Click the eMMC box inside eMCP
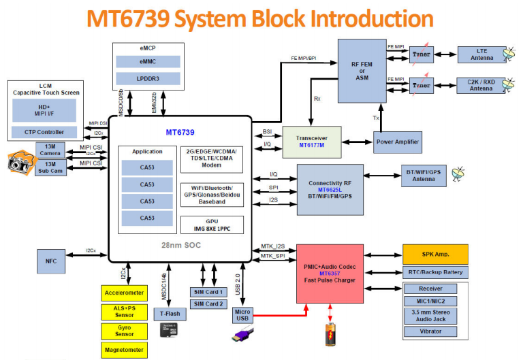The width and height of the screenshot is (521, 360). tap(147, 62)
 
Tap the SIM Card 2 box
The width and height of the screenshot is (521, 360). tap(208, 304)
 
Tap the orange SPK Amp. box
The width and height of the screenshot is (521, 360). tap(435, 255)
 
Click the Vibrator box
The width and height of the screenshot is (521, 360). tap(435, 331)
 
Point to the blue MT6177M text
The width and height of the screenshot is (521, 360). tap(312, 144)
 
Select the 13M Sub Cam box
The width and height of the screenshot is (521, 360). tap(50, 167)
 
